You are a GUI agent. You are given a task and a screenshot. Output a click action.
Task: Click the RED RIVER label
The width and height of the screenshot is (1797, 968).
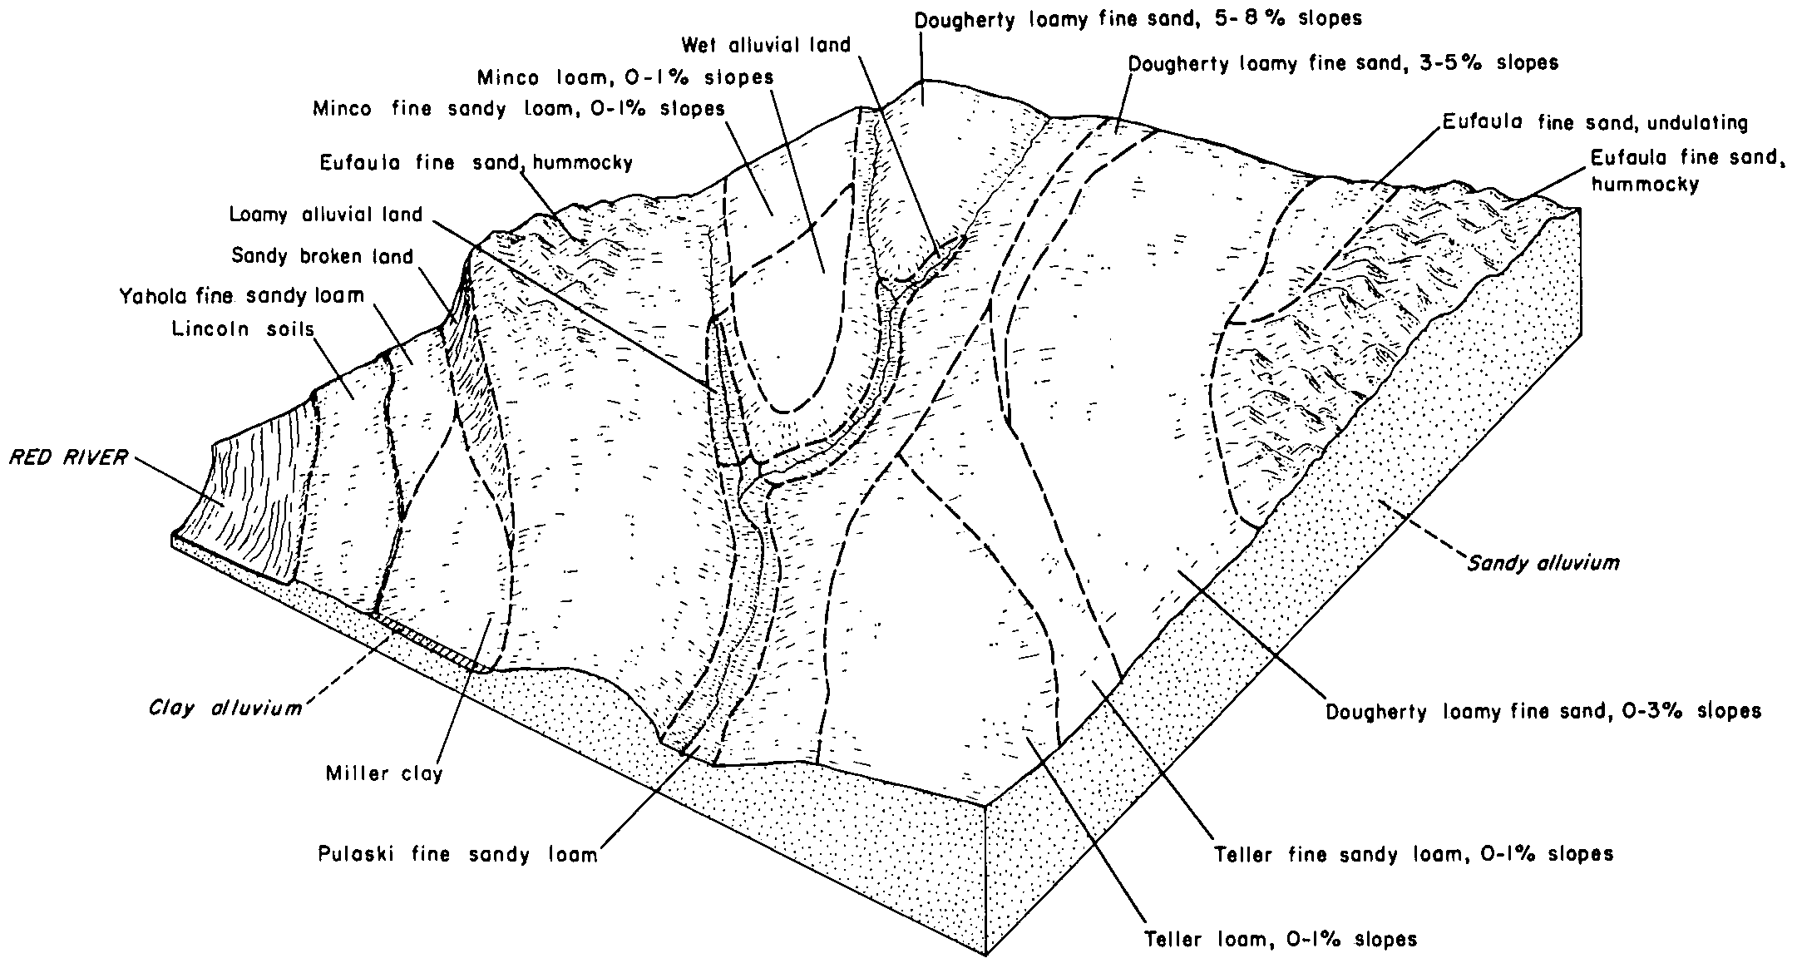[x=68, y=458]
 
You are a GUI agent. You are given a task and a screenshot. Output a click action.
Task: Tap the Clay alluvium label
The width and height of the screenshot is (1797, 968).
[x=225, y=709]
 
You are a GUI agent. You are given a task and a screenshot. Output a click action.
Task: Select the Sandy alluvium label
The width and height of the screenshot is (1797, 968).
[x=1543, y=563]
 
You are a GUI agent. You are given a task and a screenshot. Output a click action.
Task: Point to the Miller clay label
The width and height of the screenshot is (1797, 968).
[x=384, y=774]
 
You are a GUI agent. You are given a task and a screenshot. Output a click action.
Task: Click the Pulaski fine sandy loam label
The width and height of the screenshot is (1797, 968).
[x=457, y=854]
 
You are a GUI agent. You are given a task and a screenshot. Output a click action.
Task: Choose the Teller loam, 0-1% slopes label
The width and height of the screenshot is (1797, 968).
[x=1281, y=939]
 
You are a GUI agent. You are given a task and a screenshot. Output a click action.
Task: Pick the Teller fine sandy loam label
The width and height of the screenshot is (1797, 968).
[x=1414, y=854]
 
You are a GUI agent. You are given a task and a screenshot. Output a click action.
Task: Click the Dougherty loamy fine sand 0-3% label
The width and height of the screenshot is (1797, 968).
[x=1543, y=712]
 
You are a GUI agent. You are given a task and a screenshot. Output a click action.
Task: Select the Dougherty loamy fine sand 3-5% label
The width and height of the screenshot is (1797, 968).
[x=1343, y=62]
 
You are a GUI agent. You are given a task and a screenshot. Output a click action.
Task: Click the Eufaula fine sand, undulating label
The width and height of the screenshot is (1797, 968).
[x=1595, y=123]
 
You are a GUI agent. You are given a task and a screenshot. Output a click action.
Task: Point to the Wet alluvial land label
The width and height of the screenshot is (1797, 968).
[x=766, y=44]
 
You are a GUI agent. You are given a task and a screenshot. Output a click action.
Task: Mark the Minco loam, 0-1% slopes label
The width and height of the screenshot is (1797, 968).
[x=625, y=77]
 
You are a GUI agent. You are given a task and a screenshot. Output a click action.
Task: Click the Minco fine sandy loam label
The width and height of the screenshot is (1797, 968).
[x=518, y=109]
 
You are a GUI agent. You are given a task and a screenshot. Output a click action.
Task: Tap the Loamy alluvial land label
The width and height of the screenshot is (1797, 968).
[x=326, y=215]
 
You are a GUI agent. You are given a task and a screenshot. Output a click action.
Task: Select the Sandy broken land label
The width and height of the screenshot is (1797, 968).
[x=322, y=256]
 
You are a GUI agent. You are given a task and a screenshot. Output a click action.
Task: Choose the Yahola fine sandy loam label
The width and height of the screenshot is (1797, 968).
[x=241, y=295]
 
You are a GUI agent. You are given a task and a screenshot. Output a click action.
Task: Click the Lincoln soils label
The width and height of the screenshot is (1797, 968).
[x=243, y=329]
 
